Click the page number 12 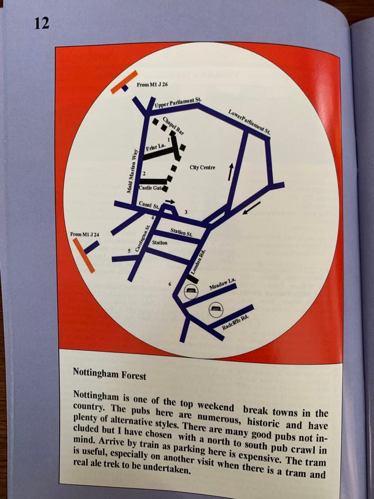(42, 24)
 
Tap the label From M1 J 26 (152, 85)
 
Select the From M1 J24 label (84, 235)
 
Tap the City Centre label (202, 167)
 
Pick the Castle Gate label (151, 188)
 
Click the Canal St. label (149, 205)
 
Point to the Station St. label (181, 232)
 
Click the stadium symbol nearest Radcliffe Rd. (216, 309)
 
